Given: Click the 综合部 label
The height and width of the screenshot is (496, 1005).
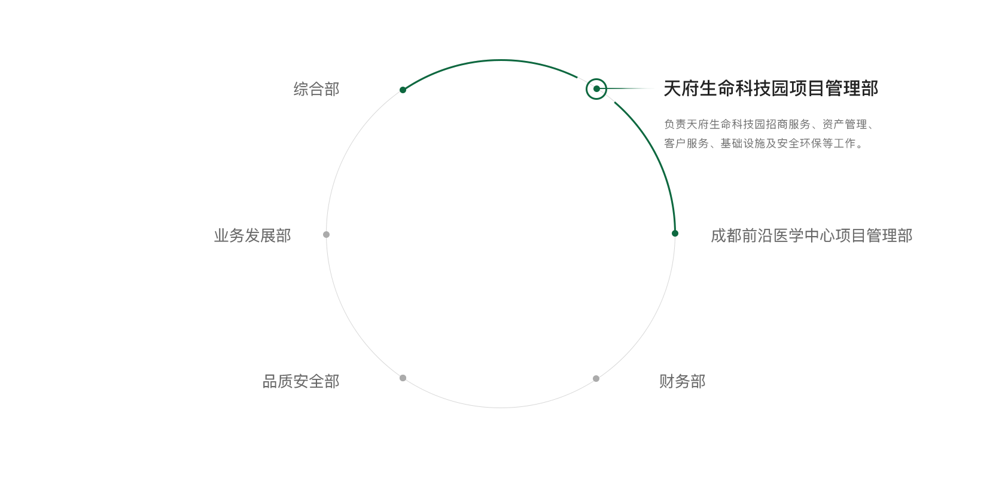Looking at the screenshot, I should (316, 89).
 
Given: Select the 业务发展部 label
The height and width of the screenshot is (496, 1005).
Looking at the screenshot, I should (252, 235).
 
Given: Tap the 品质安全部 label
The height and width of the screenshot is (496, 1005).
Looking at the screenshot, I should (301, 381).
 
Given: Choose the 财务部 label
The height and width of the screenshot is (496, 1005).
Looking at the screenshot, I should (683, 381).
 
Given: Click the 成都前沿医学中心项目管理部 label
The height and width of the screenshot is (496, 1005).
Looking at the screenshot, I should (811, 235).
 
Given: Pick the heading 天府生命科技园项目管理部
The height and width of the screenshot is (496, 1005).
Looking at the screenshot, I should (770, 88).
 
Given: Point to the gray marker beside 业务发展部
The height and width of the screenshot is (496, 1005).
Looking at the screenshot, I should (327, 234).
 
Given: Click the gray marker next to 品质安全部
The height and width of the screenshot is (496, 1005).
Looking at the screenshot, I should (403, 378).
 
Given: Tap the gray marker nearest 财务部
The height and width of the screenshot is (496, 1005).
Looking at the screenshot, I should (596, 379).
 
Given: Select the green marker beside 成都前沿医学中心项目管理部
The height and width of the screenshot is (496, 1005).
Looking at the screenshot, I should (675, 233).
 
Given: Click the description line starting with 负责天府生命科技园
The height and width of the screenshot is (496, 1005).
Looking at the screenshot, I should (768, 124).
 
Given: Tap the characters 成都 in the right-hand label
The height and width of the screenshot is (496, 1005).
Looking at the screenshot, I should (726, 235).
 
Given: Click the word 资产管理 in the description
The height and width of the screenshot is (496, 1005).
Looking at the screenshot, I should (845, 124).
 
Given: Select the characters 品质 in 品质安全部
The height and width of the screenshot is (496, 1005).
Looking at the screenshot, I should (278, 381).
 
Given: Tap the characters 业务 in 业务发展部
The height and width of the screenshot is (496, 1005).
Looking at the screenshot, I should (229, 235).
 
